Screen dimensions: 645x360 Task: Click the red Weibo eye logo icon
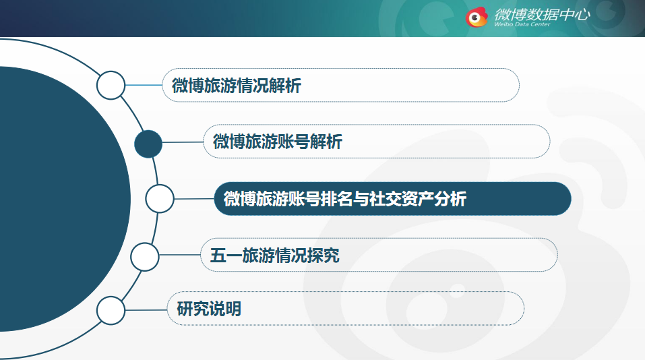point(477,18)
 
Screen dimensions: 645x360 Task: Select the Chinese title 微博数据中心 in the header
point(542,14)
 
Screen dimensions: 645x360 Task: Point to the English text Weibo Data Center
point(522,24)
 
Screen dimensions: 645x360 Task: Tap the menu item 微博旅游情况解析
point(237,86)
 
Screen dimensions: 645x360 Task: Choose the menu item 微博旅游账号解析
point(278,142)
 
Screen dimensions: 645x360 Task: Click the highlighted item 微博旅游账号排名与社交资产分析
point(344,199)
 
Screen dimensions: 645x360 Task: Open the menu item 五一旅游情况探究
point(275,255)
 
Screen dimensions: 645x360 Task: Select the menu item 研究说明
point(209,309)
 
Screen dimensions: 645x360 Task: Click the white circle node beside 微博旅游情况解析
point(111,85)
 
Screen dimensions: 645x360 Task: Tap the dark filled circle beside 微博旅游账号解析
point(148,144)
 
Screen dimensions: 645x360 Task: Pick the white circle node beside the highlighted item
point(160,199)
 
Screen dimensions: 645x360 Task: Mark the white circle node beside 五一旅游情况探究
point(145,257)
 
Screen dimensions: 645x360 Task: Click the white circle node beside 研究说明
point(111,310)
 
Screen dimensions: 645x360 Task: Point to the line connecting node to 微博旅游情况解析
point(144,85)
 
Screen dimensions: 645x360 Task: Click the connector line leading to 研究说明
point(146,310)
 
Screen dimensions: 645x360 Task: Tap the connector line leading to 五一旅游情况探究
point(180,255)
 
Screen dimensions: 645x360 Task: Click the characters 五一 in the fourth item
point(226,255)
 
